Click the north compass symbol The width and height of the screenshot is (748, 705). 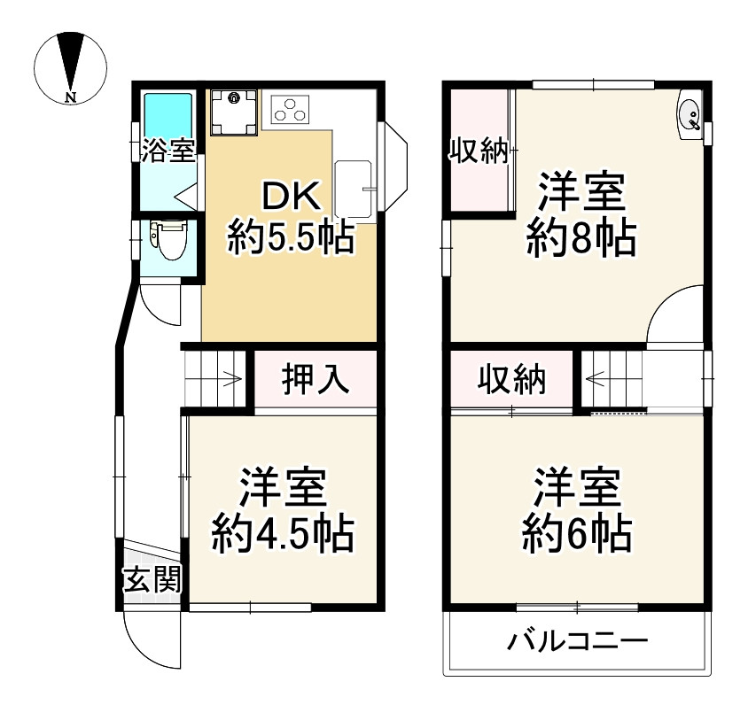pyautogui.click(x=70, y=66)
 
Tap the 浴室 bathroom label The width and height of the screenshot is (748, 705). pyautogui.click(x=168, y=151)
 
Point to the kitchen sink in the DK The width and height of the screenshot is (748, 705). pyautogui.click(x=356, y=188)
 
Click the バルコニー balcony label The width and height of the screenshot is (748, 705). pyautogui.click(x=578, y=640)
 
